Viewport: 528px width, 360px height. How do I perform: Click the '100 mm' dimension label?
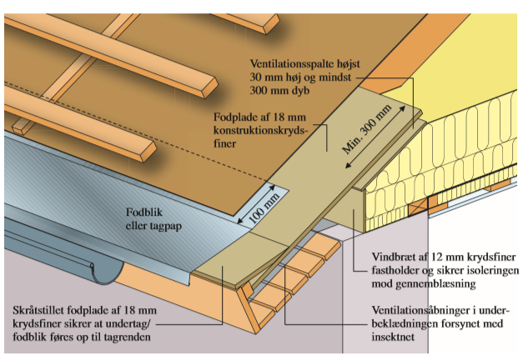[264, 209]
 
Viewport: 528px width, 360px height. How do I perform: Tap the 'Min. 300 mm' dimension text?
[367, 129]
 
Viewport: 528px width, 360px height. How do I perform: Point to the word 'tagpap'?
[166, 227]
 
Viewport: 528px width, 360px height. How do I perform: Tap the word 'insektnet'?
[393, 337]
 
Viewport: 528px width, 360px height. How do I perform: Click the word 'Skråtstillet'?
[38, 310]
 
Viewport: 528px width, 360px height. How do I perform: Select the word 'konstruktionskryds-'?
[260, 131]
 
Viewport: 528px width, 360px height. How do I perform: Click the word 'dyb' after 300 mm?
[300, 91]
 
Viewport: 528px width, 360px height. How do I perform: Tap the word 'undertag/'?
[128, 324]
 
